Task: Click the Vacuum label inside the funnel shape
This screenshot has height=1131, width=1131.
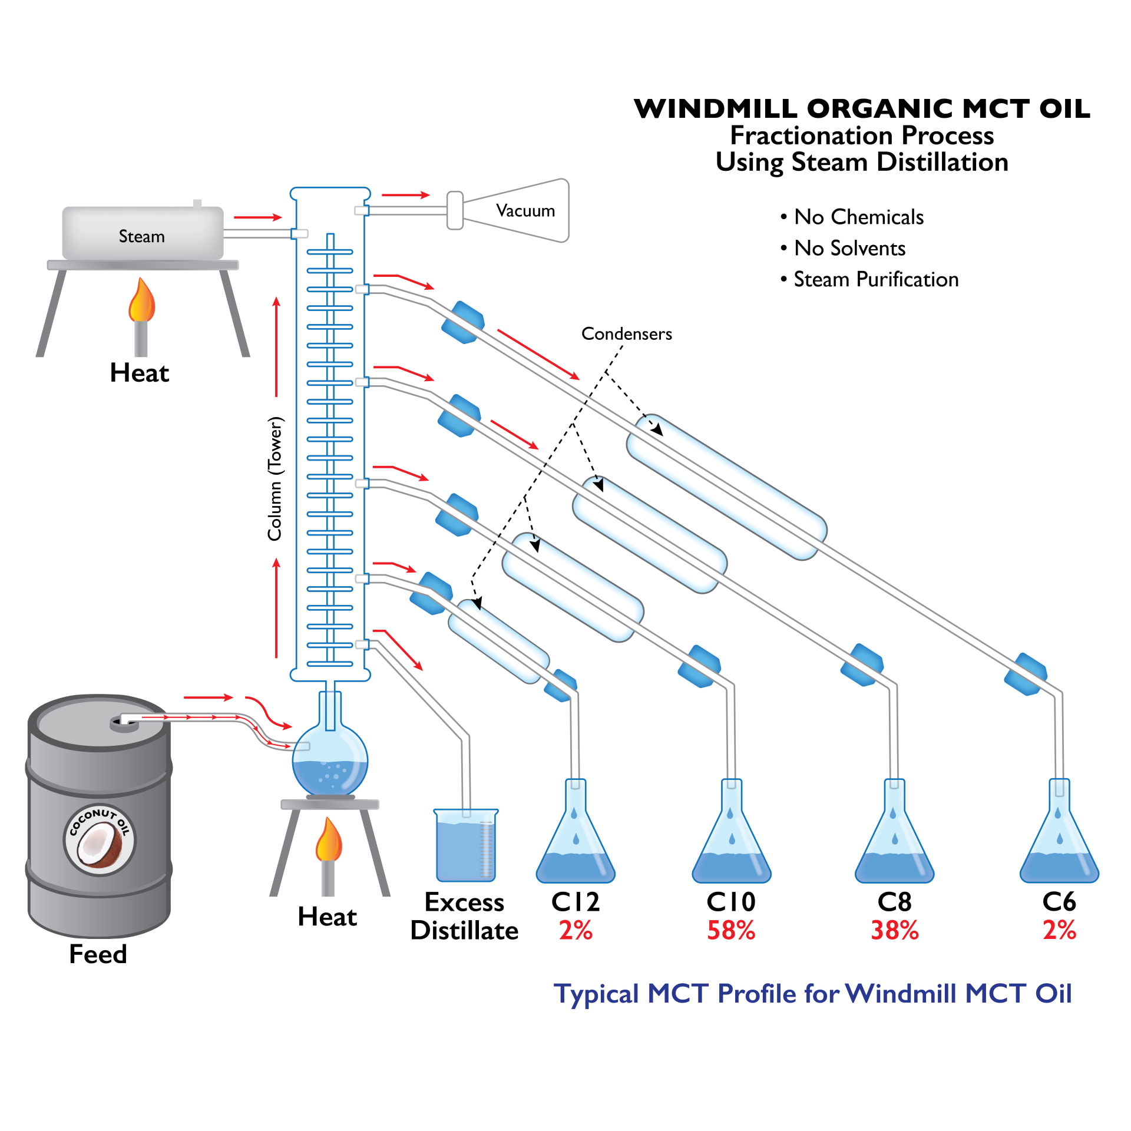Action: [x=525, y=211]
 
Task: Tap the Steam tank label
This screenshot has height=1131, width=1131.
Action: [x=141, y=237]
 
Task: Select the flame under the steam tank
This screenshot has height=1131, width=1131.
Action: [x=141, y=302]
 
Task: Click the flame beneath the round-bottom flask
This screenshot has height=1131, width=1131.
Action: [x=328, y=841]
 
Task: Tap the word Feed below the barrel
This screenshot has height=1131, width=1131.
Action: [x=98, y=954]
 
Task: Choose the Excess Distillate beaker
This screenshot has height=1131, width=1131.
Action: [x=465, y=846]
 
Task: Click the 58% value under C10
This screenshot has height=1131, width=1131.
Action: [x=730, y=931]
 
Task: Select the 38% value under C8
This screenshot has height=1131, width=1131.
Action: [x=894, y=931]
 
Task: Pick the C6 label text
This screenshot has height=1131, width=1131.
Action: [x=1059, y=901]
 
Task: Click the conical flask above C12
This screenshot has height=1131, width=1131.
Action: [x=575, y=842]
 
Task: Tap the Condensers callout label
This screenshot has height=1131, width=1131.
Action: [x=626, y=334]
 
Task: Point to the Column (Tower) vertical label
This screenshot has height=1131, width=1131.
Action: [x=275, y=478]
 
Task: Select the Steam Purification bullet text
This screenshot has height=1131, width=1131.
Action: [x=875, y=279]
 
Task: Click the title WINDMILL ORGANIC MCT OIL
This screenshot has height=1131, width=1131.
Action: [x=861, y=109]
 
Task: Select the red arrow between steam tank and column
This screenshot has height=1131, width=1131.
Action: [x=257, y=217]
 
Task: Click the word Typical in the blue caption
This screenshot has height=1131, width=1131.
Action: [x=597, y=994]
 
